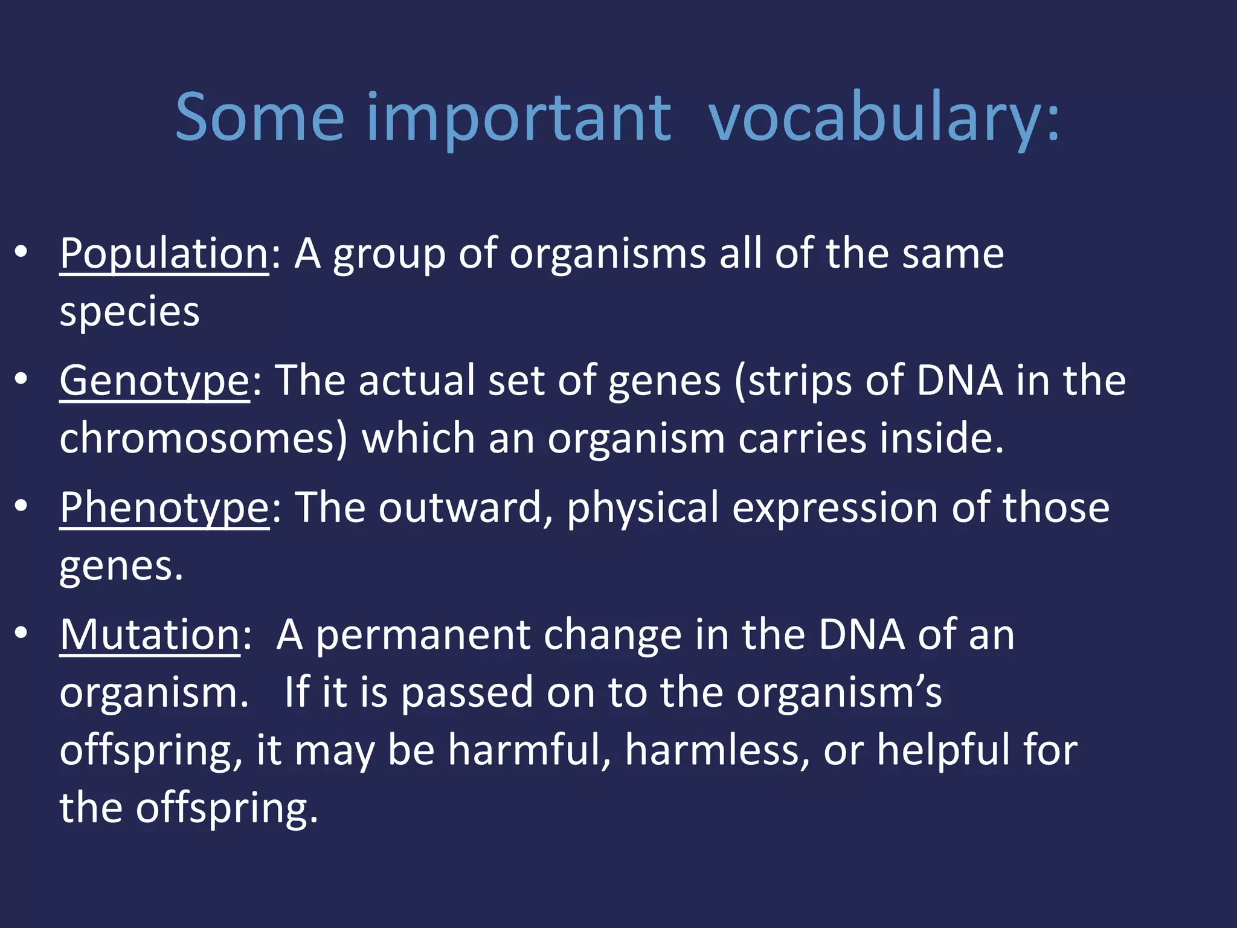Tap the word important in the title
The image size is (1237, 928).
click(518, 118)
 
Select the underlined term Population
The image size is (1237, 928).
click(164, 254)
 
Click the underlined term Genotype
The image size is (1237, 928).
click(154, 381)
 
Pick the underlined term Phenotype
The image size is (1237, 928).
click(164, 508)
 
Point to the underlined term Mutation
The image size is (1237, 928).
click(150, 635)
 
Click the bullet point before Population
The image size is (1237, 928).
click(22, 253)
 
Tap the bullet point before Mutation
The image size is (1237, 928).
click(22, 633)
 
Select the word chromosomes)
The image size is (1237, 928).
click(204, 438)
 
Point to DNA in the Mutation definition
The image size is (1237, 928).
click(862, 635)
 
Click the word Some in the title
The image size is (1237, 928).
click(260, 118)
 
